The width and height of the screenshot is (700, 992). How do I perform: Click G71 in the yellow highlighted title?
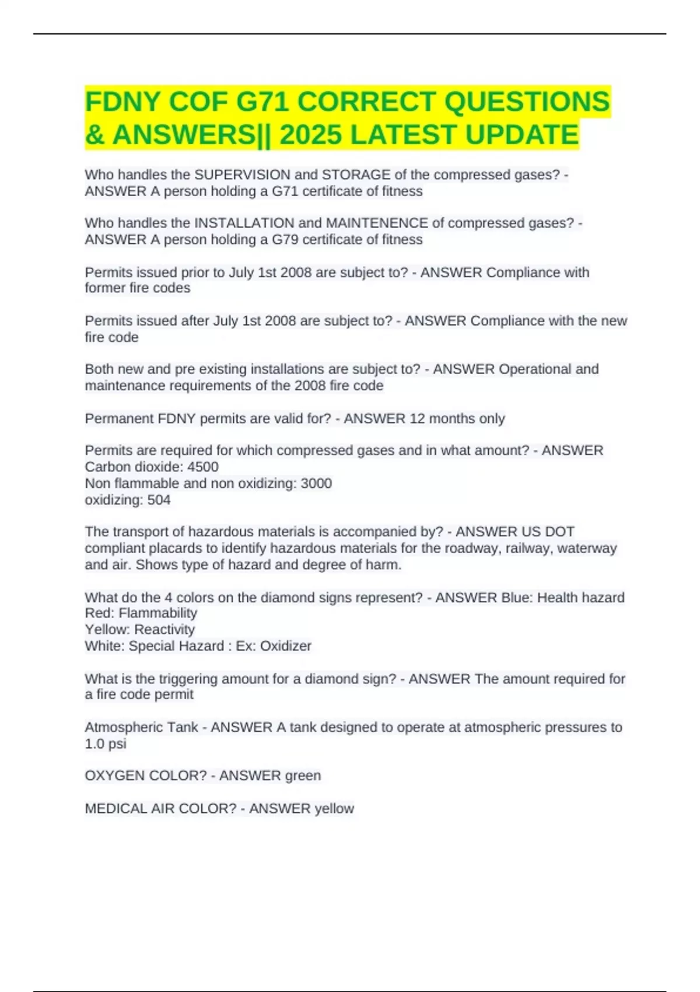point(262,102)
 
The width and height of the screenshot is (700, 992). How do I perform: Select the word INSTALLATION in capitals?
point(244,223)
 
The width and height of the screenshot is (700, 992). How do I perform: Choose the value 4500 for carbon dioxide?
point(203,467)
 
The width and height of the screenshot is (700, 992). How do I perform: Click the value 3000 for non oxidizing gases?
point(316,483)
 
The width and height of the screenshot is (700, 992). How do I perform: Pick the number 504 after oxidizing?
point(159,500)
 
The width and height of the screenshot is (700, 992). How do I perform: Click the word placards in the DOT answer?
point(169,548)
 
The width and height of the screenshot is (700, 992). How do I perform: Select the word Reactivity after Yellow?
point(164,629)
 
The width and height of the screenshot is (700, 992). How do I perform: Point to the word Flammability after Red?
point(157,613)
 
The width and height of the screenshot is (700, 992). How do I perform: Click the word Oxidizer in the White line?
point(285,646)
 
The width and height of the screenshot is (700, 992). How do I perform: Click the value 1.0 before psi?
point(94,743)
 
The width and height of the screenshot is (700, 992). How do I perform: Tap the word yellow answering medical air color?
point(334,808)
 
